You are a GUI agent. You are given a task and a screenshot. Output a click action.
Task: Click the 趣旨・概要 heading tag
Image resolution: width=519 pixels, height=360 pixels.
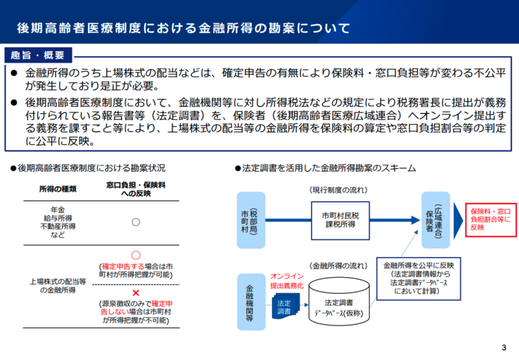point(38,53)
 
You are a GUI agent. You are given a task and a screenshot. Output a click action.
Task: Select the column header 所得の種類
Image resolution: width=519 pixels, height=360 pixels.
point(58,189)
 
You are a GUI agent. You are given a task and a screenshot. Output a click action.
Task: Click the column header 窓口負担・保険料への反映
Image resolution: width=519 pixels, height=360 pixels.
point(136,189)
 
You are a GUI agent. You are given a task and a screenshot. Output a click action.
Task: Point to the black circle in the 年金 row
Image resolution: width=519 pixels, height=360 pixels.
point(136,222)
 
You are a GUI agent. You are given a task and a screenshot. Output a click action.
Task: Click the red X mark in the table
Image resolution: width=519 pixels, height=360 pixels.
point(136,293)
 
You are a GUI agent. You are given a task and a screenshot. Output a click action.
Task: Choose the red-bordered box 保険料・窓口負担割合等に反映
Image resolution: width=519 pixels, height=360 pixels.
point(490,219)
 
